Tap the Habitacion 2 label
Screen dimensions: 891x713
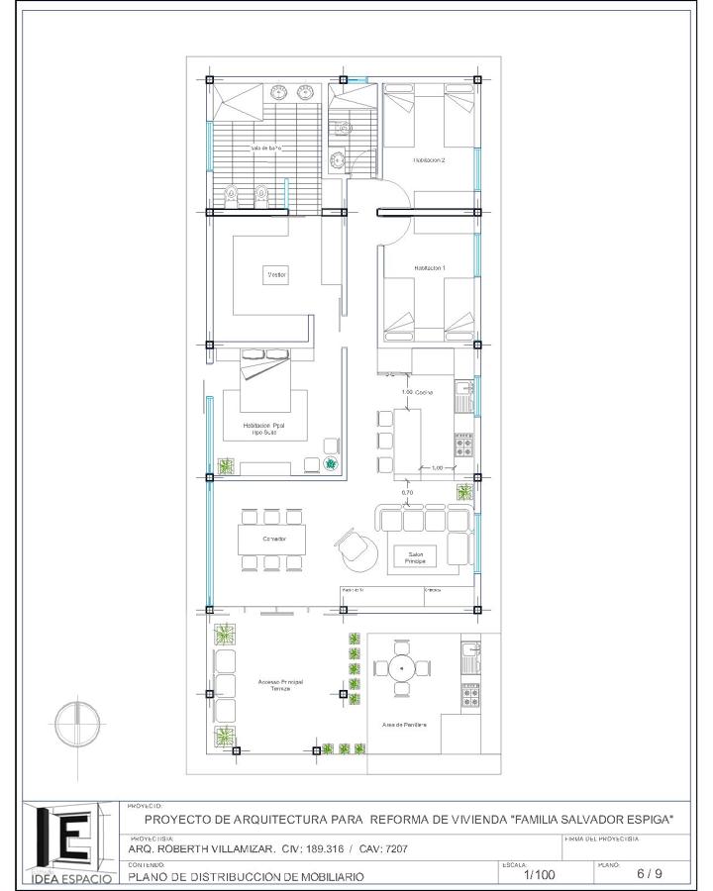coord(430,159)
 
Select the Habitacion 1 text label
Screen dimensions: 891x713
coord(430,268)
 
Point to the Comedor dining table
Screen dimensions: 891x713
coord(272,540)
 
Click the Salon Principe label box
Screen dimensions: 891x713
coord(415,557)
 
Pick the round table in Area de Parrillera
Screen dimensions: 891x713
coord(401,669)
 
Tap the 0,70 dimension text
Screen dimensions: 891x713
coord(407,492)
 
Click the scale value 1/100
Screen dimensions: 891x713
coord(539,874)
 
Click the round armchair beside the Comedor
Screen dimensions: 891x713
coord(357,548)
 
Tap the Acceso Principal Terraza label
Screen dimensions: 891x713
coord(280,685)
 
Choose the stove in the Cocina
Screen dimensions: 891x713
coord(463,445)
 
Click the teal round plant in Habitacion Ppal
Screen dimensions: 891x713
coord(331,463)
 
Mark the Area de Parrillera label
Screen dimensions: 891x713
coord(404,725)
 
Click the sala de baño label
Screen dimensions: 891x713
coord(266,148)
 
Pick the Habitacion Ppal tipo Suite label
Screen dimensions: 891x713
coord(264,430)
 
